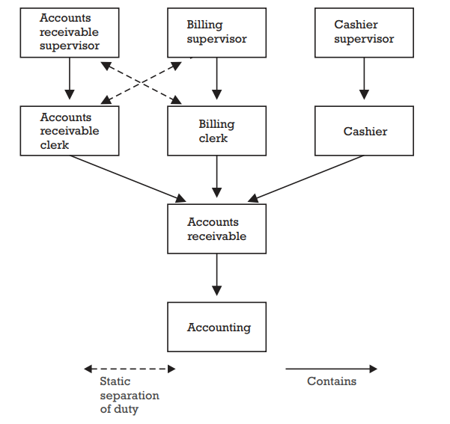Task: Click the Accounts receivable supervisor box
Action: pyautogui.click(x=70, y=32)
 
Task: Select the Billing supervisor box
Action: pyautogui.click(x=216, y=32)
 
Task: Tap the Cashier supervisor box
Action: pyautogui.click(x=364, y=32)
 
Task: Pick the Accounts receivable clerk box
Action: pyautogui.click(x=70, y=131)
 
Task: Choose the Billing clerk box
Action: pyautogui.click(x=216, y=131)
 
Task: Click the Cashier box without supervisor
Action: pyautogui.click(x=364, y=131)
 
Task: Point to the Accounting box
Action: pyautogui.click(x=216, y=327)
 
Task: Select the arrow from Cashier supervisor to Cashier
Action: pyautogui.click(x=364, y=79)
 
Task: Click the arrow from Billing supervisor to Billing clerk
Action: pyautogui.click(x=216, y=79)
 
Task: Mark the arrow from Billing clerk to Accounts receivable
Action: pyautogui.click(x=216, y=177)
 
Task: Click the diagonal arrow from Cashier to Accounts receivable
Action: pyautogui.click(x=307, y=178)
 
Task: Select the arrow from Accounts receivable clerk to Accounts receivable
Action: pyautogui.click(x=127, y=178)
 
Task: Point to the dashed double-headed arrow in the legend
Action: pyautogui.click(x=130, y=369)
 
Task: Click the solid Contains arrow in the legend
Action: pyautogui.click(x=331, y=369)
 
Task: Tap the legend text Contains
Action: pyautogui.click(x=332, y=381)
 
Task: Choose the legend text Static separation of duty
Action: pyautogui.click(x=129, y=396)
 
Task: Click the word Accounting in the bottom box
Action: pyautogui.click(x=219, y=328)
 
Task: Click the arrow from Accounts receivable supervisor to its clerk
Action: pyautogui.click(x=70, y=79)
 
